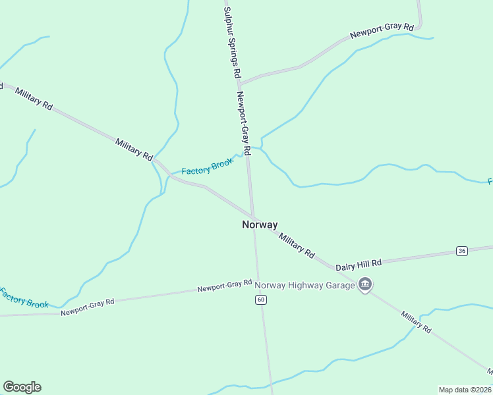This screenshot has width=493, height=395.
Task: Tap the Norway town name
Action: pyautogui.click(x=260, y=224)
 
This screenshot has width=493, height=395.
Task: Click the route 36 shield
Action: pyautogui.click(x=461, y=251)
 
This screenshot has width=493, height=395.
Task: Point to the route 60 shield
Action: pyautogui.click(x=262, y=300)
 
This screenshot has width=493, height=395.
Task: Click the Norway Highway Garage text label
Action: pyautogui.click(x=304, y=285)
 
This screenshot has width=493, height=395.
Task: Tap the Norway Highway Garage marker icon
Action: pyautogui.click(x=365, y=284)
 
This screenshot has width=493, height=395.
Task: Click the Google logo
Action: pyautogui.click(x=22, y=387)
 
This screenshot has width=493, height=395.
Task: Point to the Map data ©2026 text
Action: pyautogui.click(x=464, y=389)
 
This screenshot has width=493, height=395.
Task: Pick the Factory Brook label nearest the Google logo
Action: pyautogui.click(x=24, y=298)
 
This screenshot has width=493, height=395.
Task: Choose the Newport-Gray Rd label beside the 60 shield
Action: pyautogui.click(x=225, y=286)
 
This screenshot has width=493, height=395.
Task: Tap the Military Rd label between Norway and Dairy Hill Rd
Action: pyautogui.click(x=296, y=244)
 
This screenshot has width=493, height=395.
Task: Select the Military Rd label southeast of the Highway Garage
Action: pyautogui.click(x=417, y=321)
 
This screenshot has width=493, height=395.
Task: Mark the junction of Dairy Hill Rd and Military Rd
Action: pyautogui.click(x=333, y=268)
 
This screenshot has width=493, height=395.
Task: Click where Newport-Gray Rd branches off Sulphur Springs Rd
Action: pyautogui.click(x=239, y=85)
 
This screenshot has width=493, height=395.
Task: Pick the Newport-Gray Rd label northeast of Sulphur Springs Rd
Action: pyautogui.click(x=382, y=31)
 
